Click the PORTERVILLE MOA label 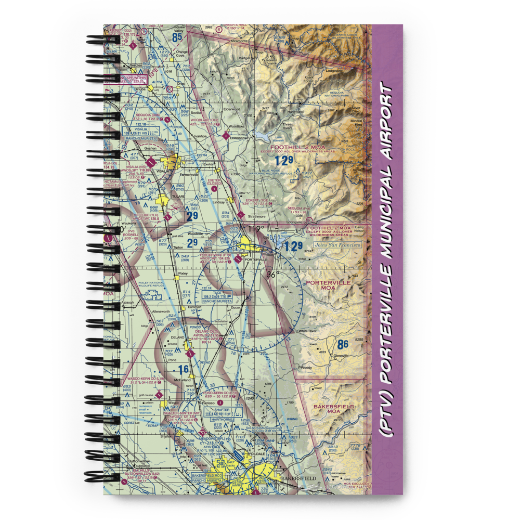coord(328,285)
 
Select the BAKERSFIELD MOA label coord(333,409)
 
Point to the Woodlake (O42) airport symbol coord(226,137)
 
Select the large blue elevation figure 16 coord(183,370)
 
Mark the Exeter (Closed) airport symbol coord(214,189)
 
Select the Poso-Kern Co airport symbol coord(220,402)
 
